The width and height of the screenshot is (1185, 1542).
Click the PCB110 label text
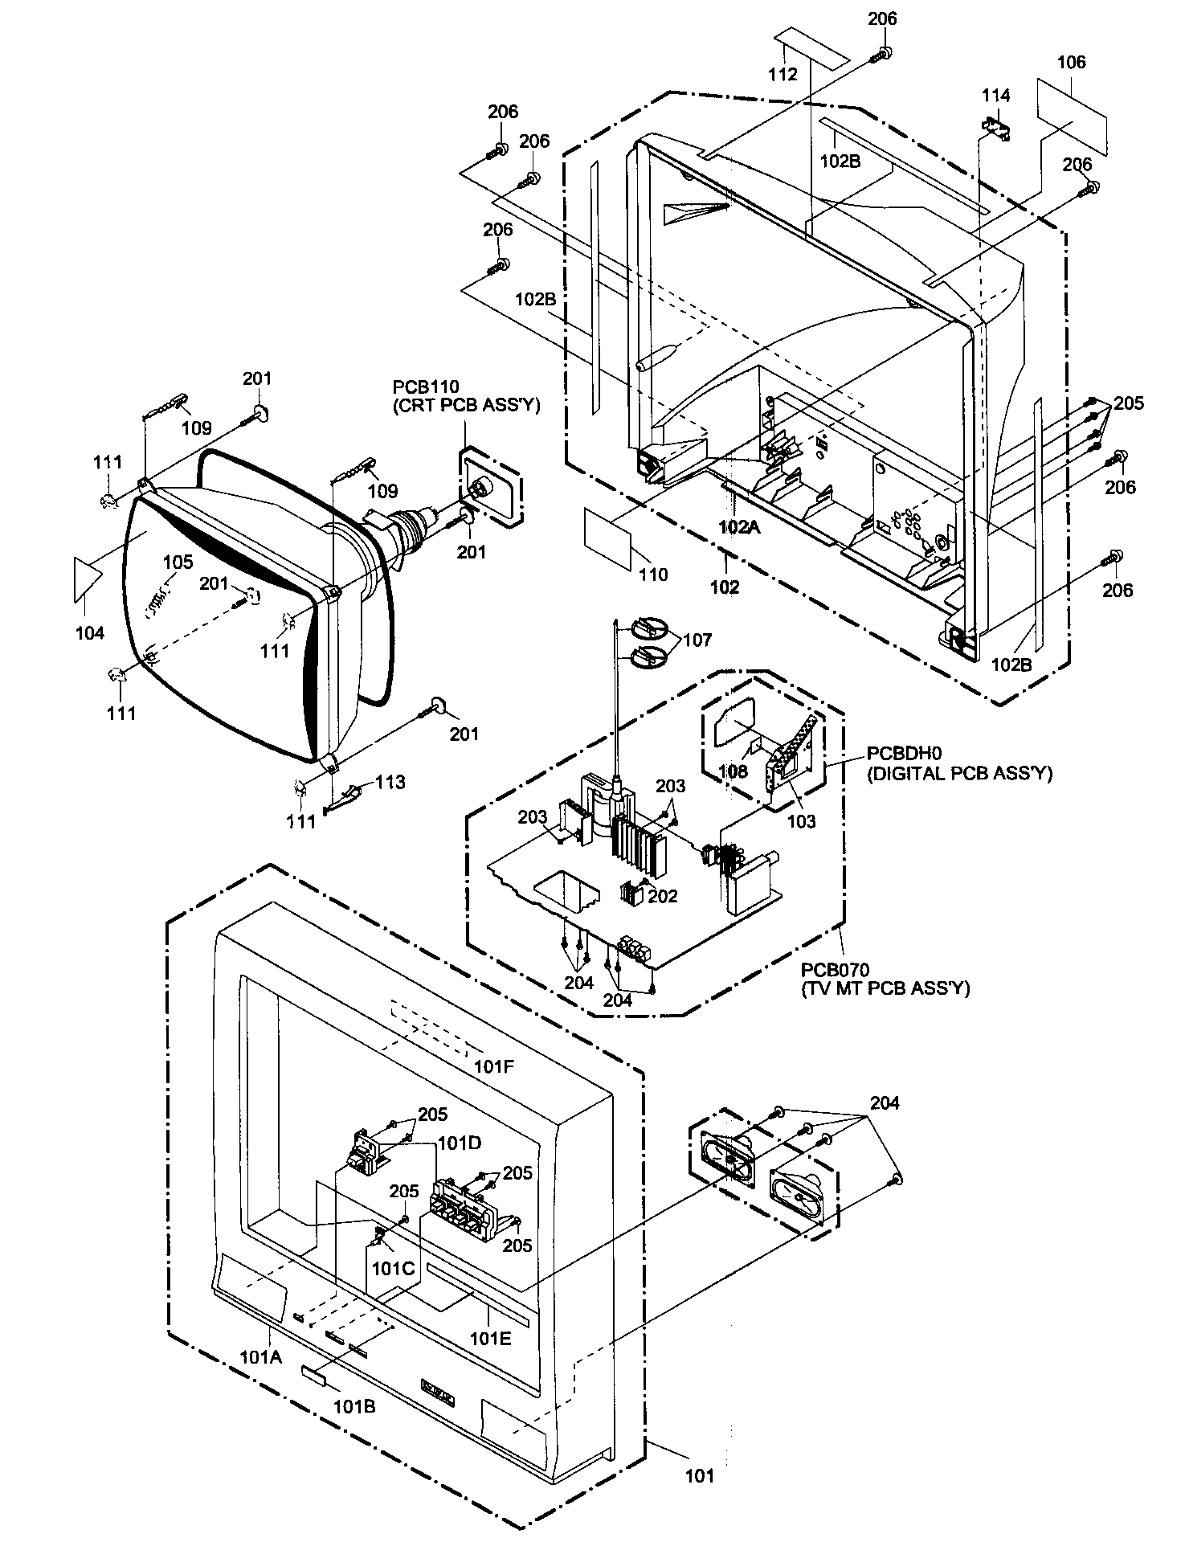(x=426, y=388)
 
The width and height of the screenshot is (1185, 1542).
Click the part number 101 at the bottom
(x=699, y=1475)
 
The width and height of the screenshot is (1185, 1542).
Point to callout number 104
(x=90, y=633)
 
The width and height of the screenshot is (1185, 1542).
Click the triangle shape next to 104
(x=86, y=576)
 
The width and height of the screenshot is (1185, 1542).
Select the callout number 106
(x=1071, y=62)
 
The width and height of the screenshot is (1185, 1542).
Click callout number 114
(x=995, y=95)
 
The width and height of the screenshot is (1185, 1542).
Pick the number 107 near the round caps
(x=697, y=640)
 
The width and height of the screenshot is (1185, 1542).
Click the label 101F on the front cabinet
(x=493, y=1067)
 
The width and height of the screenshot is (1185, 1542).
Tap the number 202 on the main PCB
(x=664, y=896)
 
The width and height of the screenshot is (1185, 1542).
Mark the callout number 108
(x=733, y=771)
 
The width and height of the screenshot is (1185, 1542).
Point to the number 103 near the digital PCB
(x=801, y=820)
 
